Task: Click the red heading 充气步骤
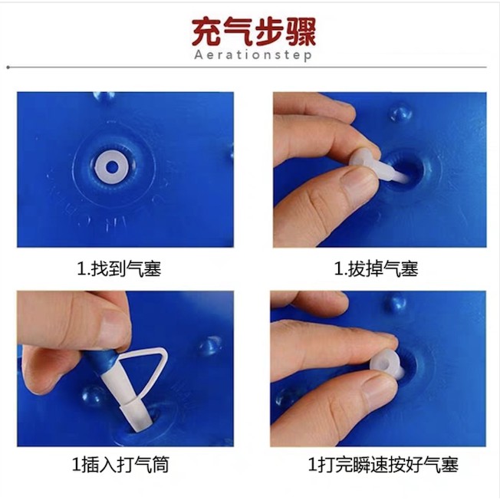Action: point(254,32)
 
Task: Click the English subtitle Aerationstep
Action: point(253,55)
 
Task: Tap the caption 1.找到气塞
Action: point(120,268)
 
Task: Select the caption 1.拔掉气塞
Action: point(376,268)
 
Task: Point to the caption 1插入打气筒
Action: point(120,464)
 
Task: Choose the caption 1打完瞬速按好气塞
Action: point(383,464)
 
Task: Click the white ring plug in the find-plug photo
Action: point(112,166)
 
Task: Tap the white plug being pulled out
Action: point(377,165)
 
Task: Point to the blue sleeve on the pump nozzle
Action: point(101,360)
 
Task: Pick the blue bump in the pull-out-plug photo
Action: point(401,114)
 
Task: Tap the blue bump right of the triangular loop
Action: point(209,346)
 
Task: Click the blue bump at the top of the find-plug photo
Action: point(104,97)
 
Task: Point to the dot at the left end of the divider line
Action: point(8,67)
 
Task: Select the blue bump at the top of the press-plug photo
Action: point(396,303)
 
